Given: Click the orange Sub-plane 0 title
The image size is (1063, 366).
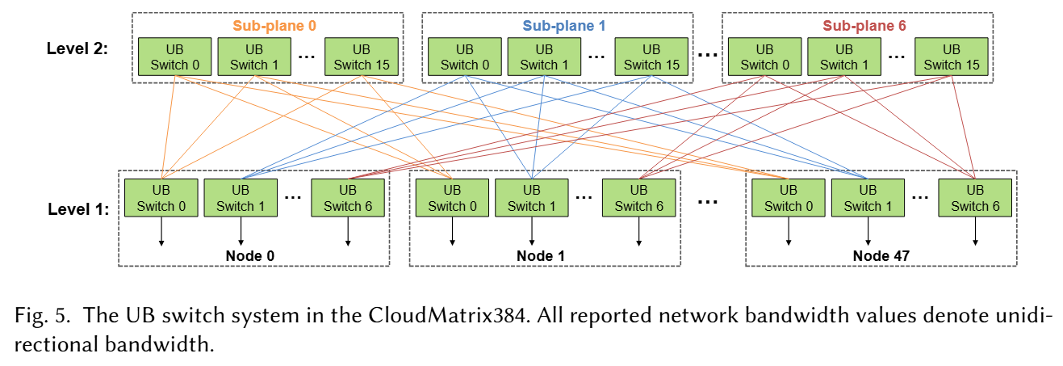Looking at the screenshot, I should (275, 26).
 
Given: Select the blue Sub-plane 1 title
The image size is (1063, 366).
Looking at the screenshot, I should (564, 26).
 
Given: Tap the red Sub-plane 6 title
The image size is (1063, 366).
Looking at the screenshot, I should (864, 26).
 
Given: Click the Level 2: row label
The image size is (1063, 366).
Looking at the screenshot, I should (77, 48).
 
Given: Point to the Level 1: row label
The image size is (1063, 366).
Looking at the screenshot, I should (77, 209).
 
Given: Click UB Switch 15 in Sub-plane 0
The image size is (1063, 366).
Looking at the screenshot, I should (362, 57).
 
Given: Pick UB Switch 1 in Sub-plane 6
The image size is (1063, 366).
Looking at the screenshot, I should (844, 57).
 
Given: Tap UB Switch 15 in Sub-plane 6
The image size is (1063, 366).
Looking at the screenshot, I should (952, 57).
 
